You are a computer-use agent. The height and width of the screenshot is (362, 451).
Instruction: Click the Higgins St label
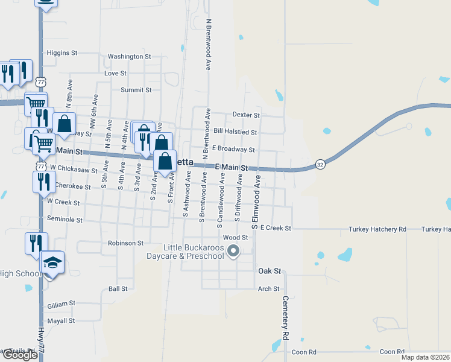[x=62, y=53]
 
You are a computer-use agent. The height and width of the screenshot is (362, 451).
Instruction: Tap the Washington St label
[x=129, y=57]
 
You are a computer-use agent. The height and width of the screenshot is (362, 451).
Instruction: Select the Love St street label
[x=115, y=73]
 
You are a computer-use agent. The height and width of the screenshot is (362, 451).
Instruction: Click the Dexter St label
[x=246, y=115]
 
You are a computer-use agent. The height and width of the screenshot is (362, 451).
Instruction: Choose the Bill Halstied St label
[x=236, y=132]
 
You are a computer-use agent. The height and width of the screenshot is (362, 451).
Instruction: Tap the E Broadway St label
[x=233, y=149]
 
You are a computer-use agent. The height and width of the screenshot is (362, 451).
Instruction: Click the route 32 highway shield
[x=321, y=165]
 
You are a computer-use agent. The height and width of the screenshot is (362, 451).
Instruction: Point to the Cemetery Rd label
[x=285, y=317]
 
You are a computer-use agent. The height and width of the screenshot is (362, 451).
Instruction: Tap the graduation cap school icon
[x=52, y=262]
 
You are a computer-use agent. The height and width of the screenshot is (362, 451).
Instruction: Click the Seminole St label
[x=65, y=220]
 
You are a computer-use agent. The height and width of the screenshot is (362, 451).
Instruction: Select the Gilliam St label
[x=61, y=303]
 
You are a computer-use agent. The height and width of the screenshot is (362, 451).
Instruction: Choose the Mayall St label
[x=60, y=321]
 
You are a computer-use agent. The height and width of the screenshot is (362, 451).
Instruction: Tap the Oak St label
[x=270, y=271]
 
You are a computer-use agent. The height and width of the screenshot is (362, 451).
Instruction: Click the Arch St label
[x=268, y=289]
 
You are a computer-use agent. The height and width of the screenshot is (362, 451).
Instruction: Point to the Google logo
[x=20, y=355]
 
